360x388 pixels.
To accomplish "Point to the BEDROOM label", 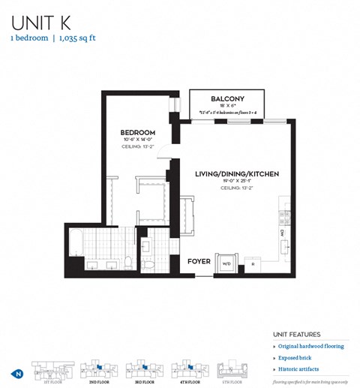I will click(137, 132).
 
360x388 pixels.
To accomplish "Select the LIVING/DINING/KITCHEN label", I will click(236, 174).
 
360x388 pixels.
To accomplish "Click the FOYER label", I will click(199, 262).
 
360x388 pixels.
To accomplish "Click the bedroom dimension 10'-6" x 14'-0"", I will click(137, 140).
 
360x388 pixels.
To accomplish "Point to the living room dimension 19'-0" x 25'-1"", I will click(236, 182).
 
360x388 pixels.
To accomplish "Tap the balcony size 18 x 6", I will click(226, 107).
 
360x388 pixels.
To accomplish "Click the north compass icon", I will click(16, 373).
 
